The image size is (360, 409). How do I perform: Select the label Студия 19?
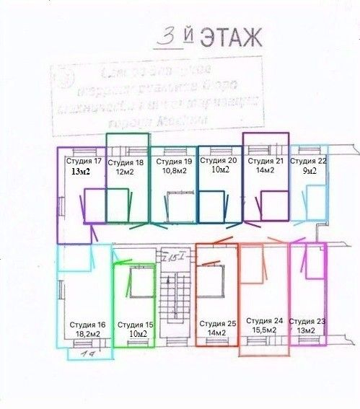172,162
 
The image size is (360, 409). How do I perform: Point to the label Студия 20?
218,160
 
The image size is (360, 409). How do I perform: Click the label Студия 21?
264,160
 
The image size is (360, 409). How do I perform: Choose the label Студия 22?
308,161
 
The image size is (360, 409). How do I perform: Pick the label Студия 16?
87,325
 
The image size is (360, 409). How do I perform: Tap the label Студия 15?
135,325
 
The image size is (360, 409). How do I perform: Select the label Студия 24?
264,320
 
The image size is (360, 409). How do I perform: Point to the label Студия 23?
307,321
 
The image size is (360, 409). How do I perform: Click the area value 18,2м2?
87,335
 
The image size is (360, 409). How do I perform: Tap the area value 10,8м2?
172,172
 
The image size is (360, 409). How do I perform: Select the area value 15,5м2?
264,330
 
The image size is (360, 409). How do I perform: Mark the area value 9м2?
308,171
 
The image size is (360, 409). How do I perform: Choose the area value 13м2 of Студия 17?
81,172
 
